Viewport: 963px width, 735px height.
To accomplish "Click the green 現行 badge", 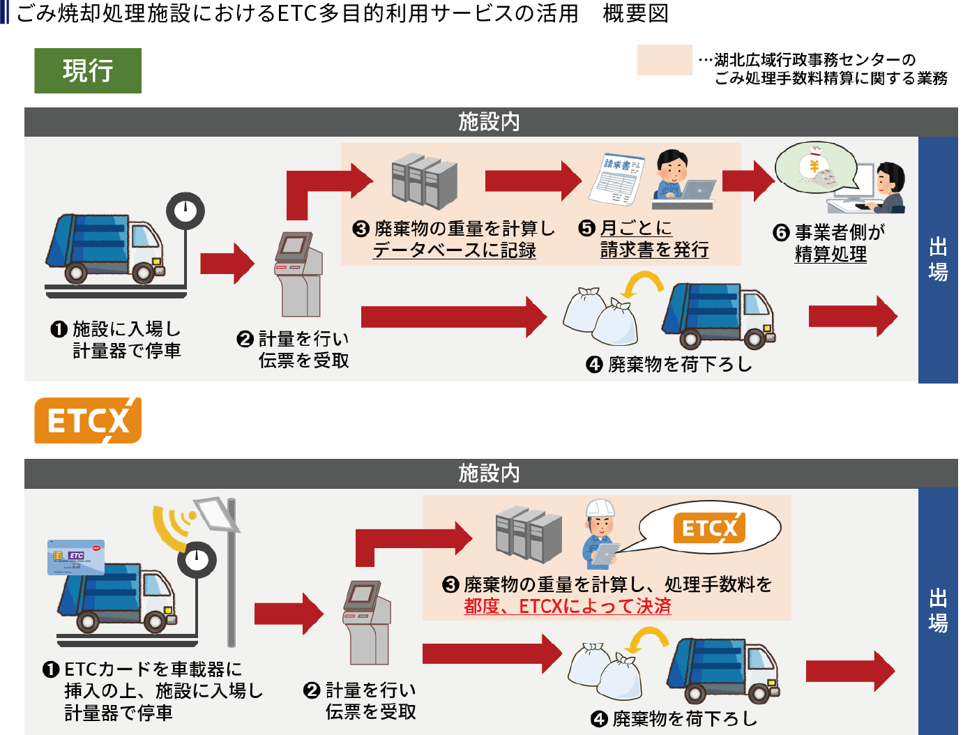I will (x=88, y=70).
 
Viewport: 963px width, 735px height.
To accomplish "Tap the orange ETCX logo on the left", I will (x=88, y=420).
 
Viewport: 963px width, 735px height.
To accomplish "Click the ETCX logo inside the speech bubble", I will (x=708, y=528).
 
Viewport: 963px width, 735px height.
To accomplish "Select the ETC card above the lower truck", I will (x=75, y=557).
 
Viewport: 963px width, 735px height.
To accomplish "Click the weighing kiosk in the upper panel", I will (x=298, y=274).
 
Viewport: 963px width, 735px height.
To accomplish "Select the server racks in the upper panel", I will (x=424, y=180).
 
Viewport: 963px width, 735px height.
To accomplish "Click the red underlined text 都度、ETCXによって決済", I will (x=567, y=606).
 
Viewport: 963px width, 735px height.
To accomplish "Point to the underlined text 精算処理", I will (x=831, y=255).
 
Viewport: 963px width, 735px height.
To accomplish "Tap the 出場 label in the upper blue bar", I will (x=938, y=259).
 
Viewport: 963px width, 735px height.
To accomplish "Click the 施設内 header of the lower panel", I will (x=490, y=473).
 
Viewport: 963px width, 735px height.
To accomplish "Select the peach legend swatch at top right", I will (x=664, y=60).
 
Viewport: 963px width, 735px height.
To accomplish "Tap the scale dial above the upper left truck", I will (x=185, y=210).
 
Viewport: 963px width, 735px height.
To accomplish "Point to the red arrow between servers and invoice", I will (x=533, y=181).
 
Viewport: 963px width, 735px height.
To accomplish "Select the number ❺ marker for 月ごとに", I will (x=587, y=229).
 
